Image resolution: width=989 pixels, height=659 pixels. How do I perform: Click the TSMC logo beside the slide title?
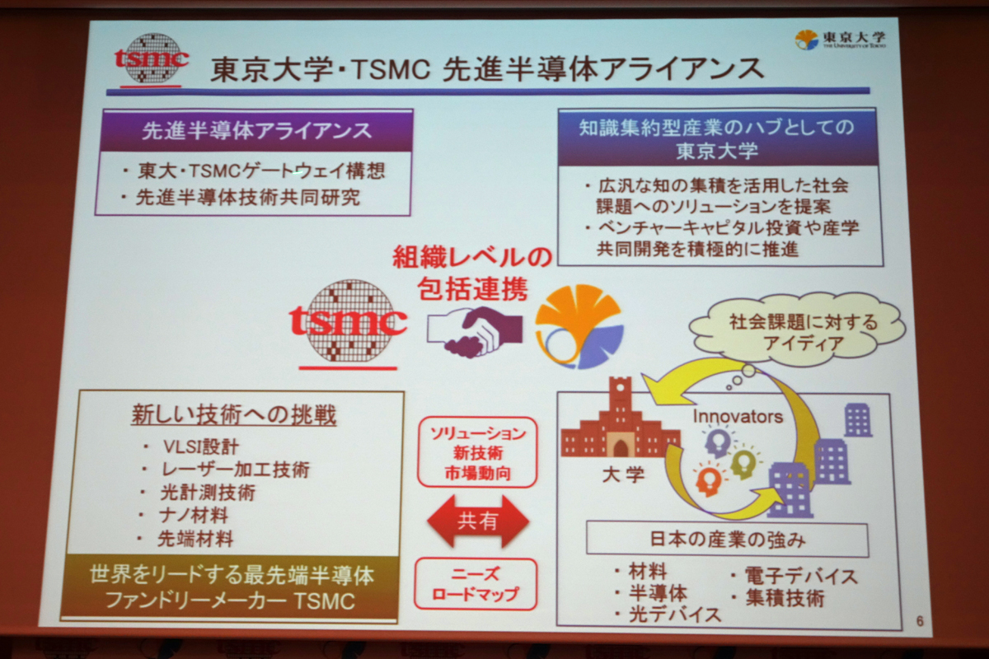coord(151,59)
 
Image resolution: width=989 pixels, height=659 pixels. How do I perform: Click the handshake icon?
coord(474,331)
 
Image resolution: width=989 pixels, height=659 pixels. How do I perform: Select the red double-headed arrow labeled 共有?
coord(478,521)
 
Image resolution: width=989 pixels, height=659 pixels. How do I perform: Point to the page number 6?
coord(920,621)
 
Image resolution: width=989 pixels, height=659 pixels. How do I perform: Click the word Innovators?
coord(738,416)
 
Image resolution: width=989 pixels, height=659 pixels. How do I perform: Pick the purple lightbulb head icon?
coord(718,442)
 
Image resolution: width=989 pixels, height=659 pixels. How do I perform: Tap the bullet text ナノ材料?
coord(194,515)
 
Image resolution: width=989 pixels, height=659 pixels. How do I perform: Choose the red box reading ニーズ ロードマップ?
coord(476,584)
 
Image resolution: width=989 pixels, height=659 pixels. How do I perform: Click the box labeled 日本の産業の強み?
coord(727,540)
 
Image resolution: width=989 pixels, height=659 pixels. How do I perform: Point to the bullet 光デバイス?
coord(674,615)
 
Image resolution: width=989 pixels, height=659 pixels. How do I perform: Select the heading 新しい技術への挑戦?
coord(234,415)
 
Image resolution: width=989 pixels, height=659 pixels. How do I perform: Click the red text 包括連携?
coord(472,288)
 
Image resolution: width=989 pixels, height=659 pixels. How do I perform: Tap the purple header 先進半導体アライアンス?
coord(256,131)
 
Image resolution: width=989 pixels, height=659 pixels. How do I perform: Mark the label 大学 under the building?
coord(623,475)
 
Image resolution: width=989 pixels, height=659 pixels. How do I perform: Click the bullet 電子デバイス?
coord(801,577)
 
